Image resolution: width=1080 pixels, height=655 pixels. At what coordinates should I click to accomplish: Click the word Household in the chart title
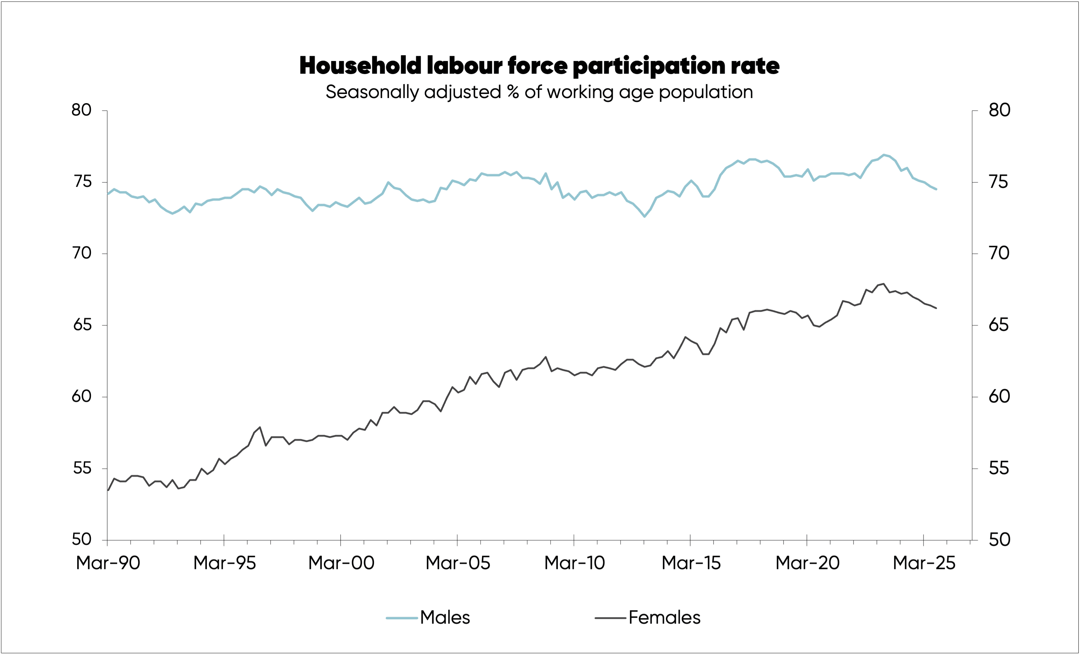(x=360, y=66)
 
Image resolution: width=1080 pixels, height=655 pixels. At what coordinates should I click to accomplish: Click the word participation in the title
(x=649, y=66)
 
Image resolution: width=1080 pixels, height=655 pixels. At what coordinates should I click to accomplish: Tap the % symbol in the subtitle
(x=513, y=93)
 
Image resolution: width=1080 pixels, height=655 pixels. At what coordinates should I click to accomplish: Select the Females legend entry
(x=664, y=618)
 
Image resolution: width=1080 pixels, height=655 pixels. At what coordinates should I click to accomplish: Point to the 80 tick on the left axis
(x=82, y=110)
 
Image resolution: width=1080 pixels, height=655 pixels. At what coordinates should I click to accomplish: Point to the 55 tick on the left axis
(x=82, y=469)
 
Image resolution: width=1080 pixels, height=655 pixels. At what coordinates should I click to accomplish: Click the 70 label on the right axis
(x=999, y=253)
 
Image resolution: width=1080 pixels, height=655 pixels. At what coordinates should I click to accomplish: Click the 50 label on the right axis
(x=999, y=540)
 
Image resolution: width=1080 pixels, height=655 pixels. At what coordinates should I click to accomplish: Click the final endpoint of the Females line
(x=936, y=308)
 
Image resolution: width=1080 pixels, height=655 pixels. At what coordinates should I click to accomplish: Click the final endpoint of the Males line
(x=936, y=190)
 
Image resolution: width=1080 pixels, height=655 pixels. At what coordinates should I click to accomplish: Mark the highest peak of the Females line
(x=884, y=284)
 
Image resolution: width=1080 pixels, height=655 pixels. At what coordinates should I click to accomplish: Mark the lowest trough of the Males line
(x=644, y=217)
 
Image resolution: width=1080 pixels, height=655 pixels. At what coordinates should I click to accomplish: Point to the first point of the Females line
(x=108, y=490)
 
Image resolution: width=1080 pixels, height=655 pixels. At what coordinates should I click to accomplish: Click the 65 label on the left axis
(x=82, y=325)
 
